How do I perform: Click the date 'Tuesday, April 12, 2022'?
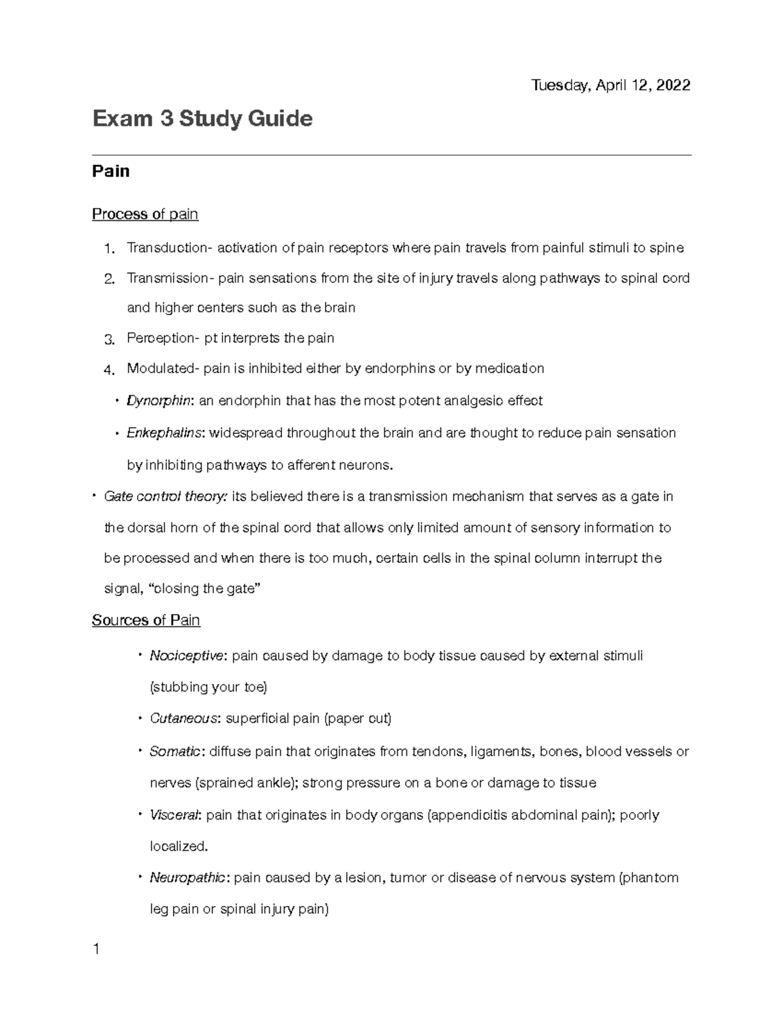(611, 85)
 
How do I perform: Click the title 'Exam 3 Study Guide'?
(202, 119)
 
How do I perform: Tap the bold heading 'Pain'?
(111, 172)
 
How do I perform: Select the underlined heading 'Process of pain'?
(145, 214)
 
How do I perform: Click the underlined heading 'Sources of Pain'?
(146, 620)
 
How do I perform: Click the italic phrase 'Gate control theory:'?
(166, 496)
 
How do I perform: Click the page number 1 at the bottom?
(96, 949)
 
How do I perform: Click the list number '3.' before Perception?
(109, 339)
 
